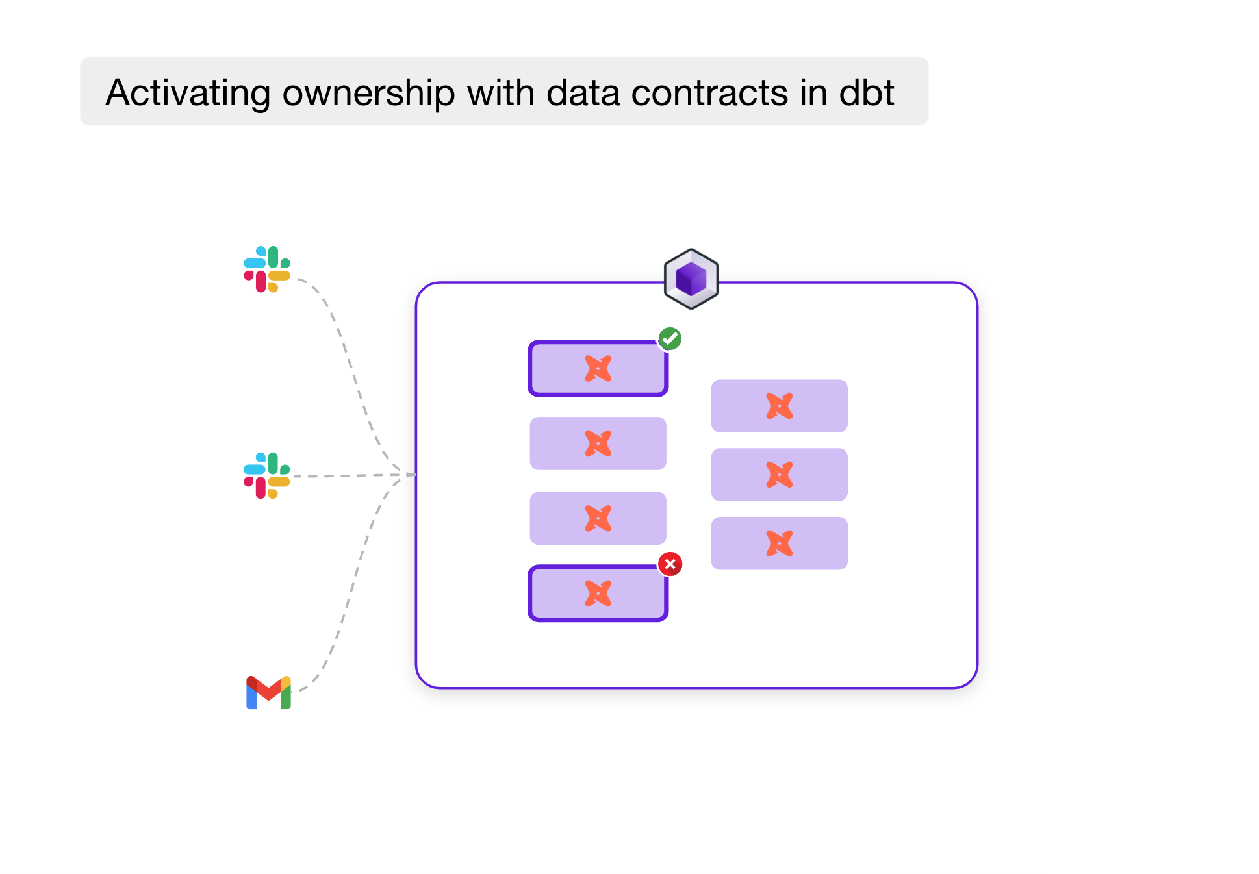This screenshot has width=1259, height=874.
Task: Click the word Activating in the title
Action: (187, 93)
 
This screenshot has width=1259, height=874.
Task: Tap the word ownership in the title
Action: (368, 93)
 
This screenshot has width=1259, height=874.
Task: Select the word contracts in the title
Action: (709, 93)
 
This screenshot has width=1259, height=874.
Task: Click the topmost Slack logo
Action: (267, 269)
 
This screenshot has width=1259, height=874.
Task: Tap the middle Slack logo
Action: (267, 475)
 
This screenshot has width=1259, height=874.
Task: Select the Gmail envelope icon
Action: (268, 693)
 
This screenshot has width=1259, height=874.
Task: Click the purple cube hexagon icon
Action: (691, 279)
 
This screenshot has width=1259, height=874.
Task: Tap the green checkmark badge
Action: (670, 338)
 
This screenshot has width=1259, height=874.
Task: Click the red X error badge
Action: (670, 564)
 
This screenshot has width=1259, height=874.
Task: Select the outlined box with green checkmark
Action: (598, 369)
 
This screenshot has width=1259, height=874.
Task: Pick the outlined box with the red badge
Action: (598, 593)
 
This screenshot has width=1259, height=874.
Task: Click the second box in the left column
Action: (598, 443)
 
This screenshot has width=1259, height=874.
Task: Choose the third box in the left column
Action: (598, 518)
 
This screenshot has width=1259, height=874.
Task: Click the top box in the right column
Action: (779, 406)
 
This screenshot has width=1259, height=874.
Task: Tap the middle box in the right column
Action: (779, 475)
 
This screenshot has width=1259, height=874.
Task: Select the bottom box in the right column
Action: (779, 543)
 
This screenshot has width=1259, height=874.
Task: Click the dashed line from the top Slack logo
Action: (350, 364)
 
